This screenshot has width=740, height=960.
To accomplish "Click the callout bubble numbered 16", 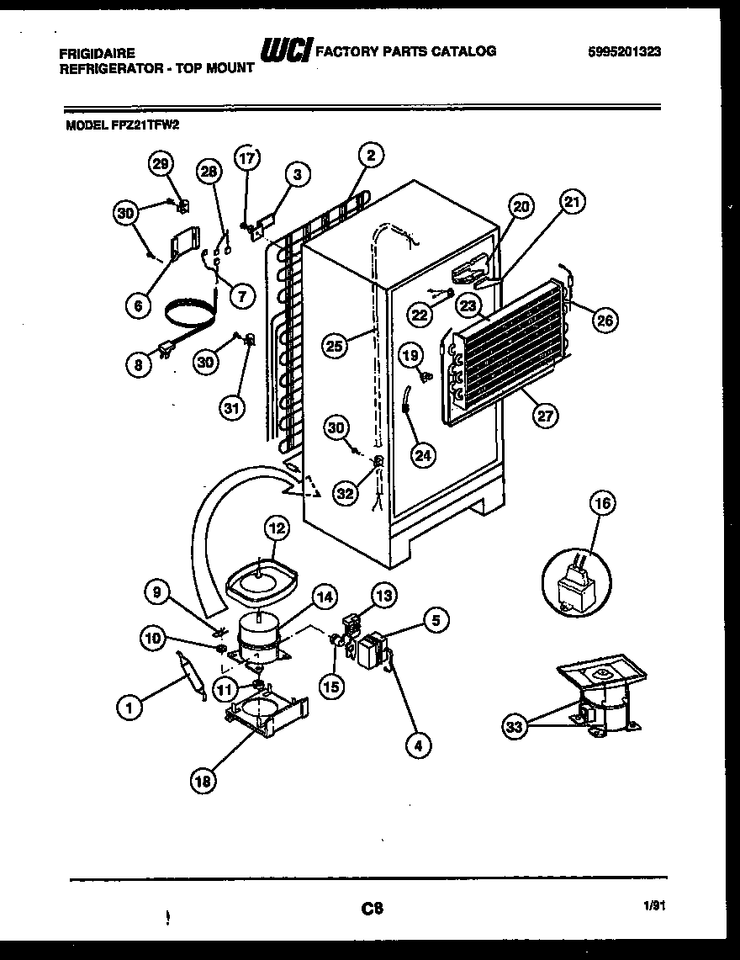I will [x=602, y=503].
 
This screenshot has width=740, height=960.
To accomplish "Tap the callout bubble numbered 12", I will [x=276, y=528].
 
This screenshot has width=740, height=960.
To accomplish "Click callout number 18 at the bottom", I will [x=203, y=781].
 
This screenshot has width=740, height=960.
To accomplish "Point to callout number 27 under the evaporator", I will [x=546, y=414].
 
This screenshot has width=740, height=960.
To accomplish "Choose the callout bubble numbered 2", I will [x=370, y=154].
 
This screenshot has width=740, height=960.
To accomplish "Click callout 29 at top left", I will [x=161, y=164].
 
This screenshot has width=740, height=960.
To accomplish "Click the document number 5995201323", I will [x=625, y=51].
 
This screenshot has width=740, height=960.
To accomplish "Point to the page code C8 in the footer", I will [x=373, y=908].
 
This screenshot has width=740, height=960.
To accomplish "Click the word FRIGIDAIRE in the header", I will [x=97, y=52].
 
